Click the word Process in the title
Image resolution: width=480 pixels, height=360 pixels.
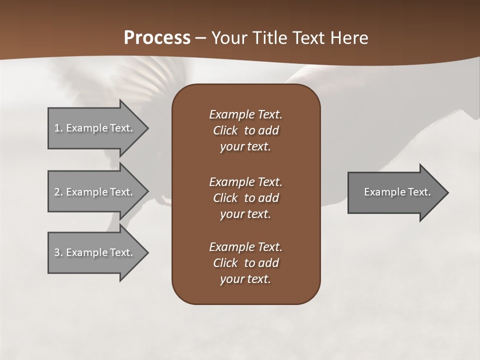(157, 38)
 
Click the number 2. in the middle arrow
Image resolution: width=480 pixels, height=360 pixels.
(58, 192)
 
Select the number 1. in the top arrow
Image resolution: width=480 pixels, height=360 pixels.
(58, 128)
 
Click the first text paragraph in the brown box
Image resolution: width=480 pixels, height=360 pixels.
(245, 130)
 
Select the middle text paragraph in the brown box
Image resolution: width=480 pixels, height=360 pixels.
(245, 197)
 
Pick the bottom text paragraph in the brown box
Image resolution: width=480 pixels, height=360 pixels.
(245, 262)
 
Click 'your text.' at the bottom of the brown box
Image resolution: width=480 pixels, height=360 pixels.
(245, 279)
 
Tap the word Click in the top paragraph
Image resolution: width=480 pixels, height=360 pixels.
(225, 130)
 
